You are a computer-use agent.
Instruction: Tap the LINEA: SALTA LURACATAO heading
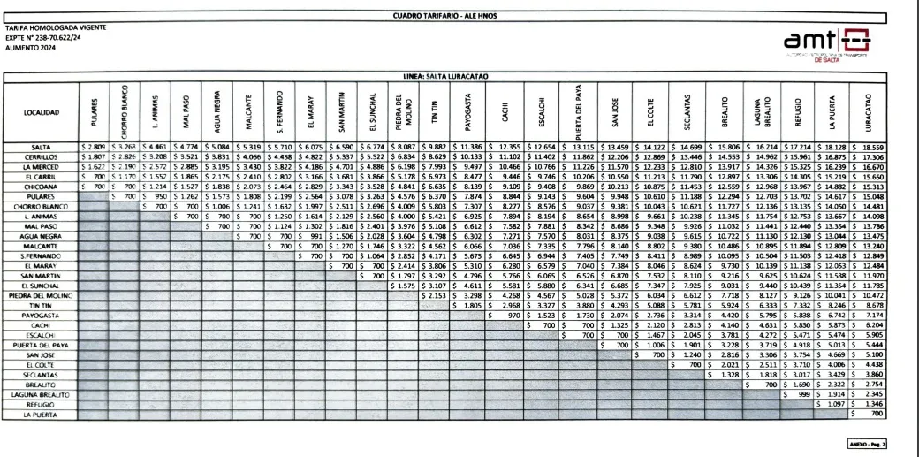(459, 76)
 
